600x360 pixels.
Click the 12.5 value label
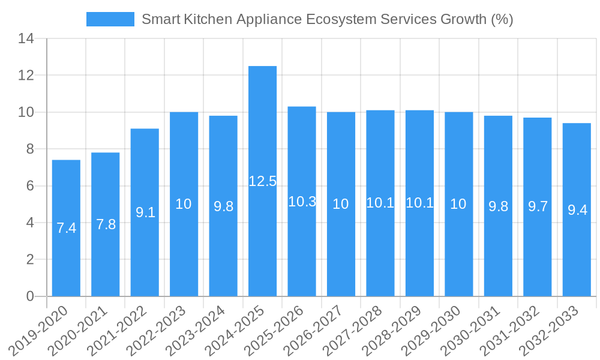262,181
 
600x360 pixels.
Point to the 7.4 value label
66,228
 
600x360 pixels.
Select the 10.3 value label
302,202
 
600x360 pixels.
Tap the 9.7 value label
538,206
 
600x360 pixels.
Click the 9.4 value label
577,210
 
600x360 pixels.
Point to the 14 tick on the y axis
26,39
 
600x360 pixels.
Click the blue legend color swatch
110,19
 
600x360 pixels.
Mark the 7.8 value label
106,224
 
